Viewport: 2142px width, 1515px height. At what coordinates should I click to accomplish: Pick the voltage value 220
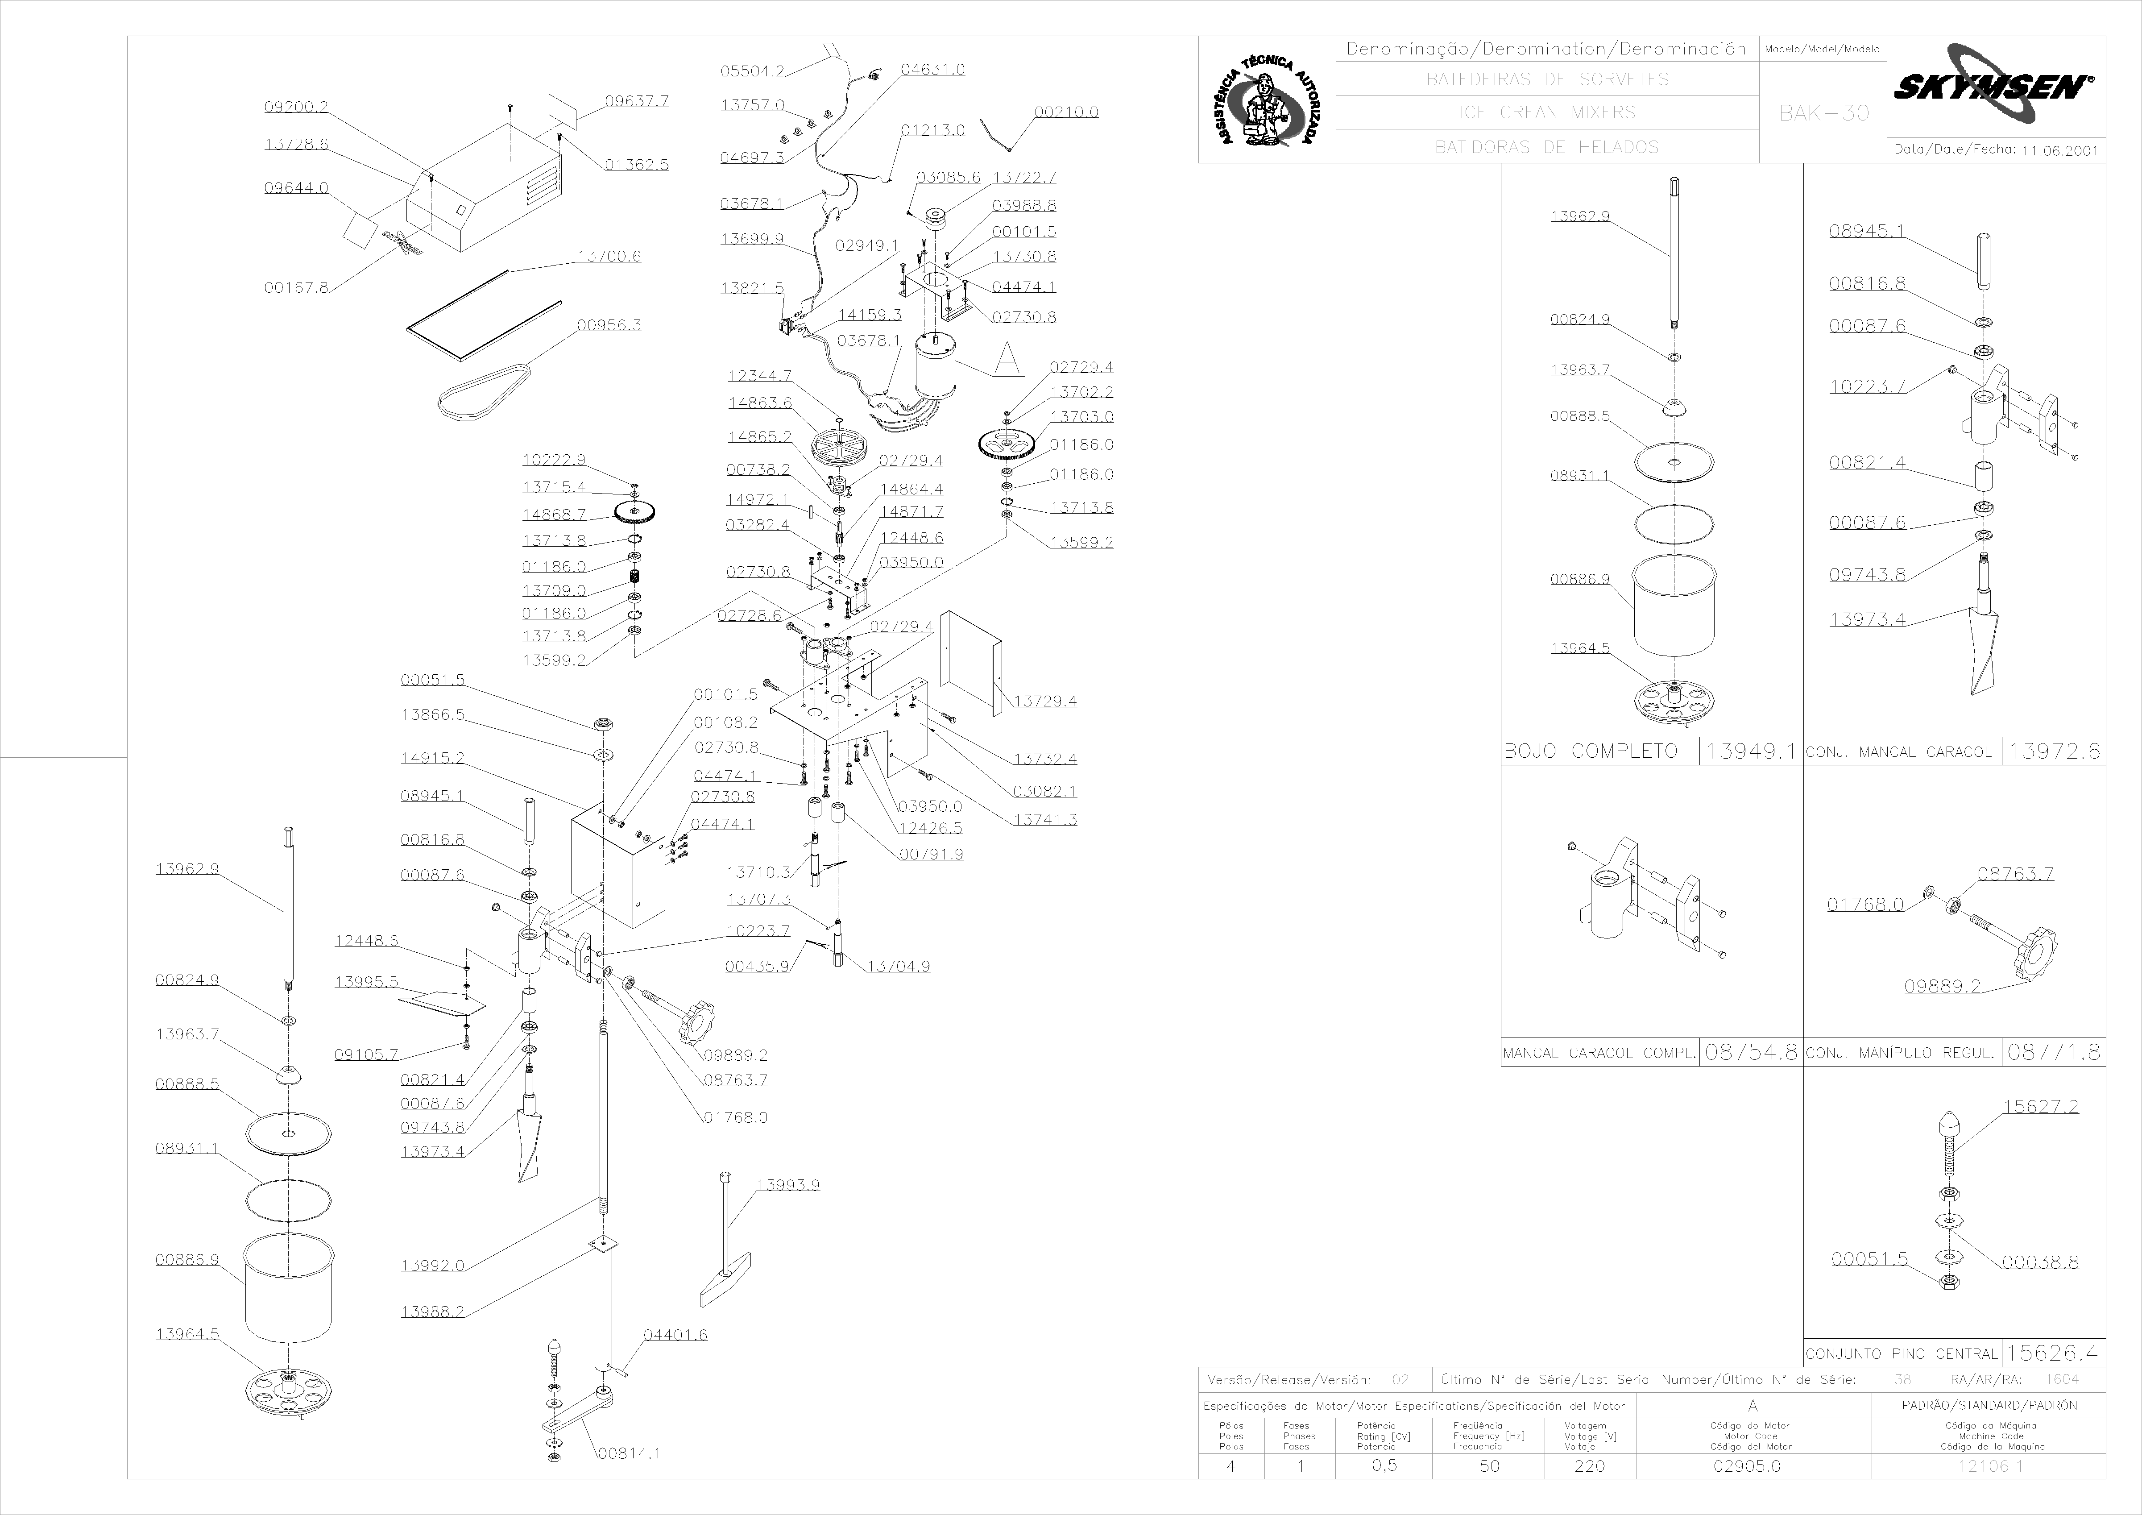(1590, 1465)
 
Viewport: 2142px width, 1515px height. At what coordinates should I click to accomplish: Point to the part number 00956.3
(608, 325)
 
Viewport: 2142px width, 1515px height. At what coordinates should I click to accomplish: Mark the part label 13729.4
(1045, 701)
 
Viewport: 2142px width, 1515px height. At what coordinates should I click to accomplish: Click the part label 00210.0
(1066, 112)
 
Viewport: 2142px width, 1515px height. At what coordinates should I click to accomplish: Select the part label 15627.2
(2040, 1106)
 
